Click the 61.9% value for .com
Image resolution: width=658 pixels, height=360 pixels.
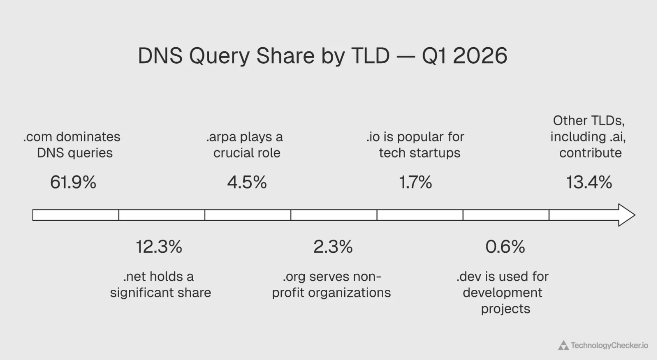[x=73, y=182]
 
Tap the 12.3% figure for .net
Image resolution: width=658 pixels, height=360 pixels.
[x=159, y=247]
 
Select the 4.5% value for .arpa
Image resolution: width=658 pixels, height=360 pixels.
[x=247, y=182]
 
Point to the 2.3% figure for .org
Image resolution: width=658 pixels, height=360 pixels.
[x=333, y=247]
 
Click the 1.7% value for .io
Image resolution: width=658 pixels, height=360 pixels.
[x=415, y=182]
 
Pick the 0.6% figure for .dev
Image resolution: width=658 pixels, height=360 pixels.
[x=505, y=247]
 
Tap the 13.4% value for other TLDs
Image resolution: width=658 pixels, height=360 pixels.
[x=589, y=182]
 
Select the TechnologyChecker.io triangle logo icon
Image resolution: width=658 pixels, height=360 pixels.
[x=563, y=346]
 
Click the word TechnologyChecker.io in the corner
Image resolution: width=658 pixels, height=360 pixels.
[x=609, y=346]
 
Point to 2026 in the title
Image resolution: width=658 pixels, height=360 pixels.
[x=480, y=56]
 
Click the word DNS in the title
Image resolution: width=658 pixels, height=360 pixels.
[x=160, y=56]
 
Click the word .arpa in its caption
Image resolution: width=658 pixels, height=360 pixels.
[x=221, y=137]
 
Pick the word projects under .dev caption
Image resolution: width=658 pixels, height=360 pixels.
[x=505, y=309]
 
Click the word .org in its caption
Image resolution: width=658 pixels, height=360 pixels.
[x=294, y=277]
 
